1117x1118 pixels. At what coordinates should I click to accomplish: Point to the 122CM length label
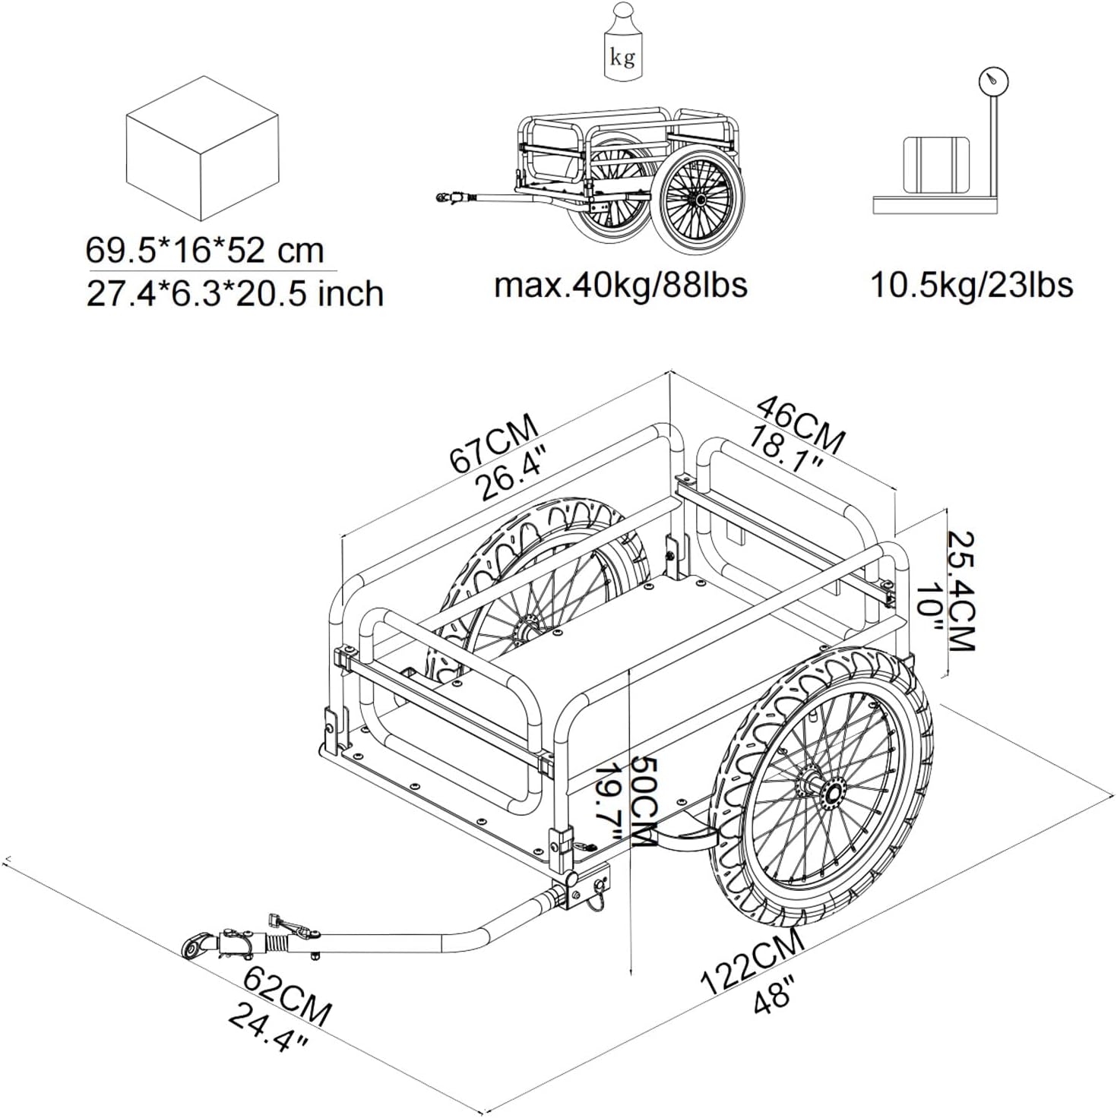(752, 962)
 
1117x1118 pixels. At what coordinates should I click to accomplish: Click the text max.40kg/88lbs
(620, 285)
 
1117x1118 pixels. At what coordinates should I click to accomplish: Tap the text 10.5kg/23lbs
(971, 285)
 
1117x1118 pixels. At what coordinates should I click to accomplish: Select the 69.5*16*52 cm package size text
(204, 250)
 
